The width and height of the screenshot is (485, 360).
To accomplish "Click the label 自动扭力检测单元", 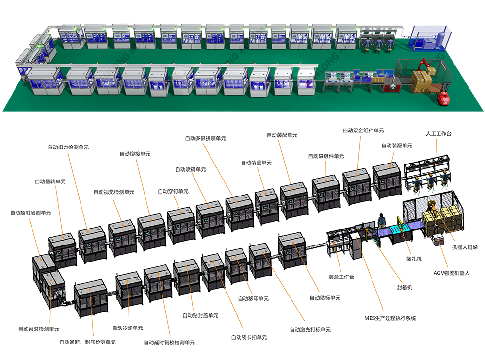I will [68, 147].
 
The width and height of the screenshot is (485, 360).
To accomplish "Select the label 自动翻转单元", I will [50, 181].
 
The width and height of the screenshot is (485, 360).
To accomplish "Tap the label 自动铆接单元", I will [135, 154].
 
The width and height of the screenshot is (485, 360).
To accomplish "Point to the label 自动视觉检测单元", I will [114, 192].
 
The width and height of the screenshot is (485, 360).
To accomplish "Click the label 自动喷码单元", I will [191, 169].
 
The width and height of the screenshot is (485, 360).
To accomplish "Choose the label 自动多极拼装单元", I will [205, 138].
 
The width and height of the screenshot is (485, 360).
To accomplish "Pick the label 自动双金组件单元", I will [363, 131].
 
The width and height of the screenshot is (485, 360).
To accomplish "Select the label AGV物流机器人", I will [452, 273].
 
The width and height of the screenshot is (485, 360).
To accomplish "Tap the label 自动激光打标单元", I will [310, 330].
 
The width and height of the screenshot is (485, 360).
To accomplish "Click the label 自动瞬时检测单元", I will [39, 329].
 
